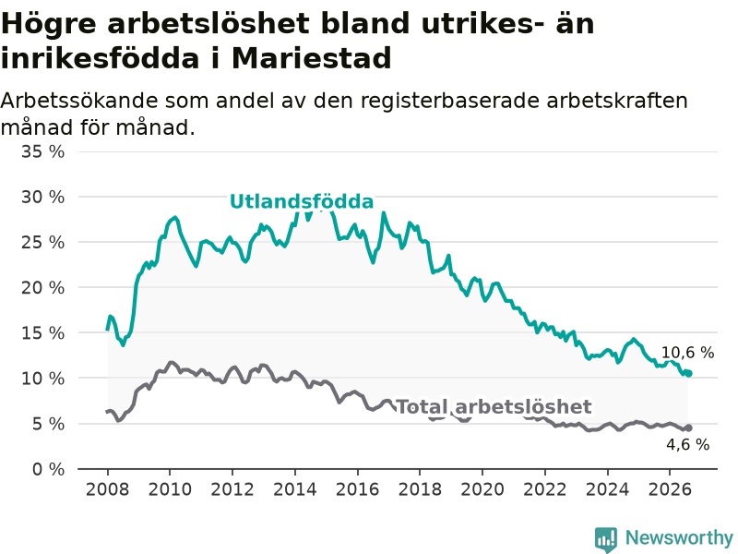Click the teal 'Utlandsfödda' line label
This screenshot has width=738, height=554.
pos(302,201)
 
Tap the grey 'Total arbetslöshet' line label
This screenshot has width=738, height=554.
pos(494,406)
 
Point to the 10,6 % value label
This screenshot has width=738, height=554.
pos(687,353)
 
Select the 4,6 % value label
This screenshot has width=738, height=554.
pos(687,444)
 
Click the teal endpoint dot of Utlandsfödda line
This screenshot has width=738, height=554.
pos(689,374)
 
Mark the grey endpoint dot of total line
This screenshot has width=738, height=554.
pos(689,428)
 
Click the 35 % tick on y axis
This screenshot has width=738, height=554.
pos(42,151)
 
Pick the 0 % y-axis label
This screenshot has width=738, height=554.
pos(49,469)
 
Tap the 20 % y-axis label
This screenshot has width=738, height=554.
pos(42,287)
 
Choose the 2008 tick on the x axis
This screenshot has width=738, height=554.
pos(107,489)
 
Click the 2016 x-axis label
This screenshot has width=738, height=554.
pos(357,489)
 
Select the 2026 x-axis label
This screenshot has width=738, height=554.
pos(670,489)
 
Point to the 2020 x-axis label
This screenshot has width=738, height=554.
pos(482,489)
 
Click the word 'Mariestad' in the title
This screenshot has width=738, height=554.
pos(312,58)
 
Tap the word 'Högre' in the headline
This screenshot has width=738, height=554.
pos(49,25)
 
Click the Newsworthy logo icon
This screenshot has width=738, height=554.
pos(606,539)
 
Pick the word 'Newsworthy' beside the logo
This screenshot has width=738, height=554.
pos(679,537)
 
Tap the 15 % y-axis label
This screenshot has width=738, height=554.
pos(42,333)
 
